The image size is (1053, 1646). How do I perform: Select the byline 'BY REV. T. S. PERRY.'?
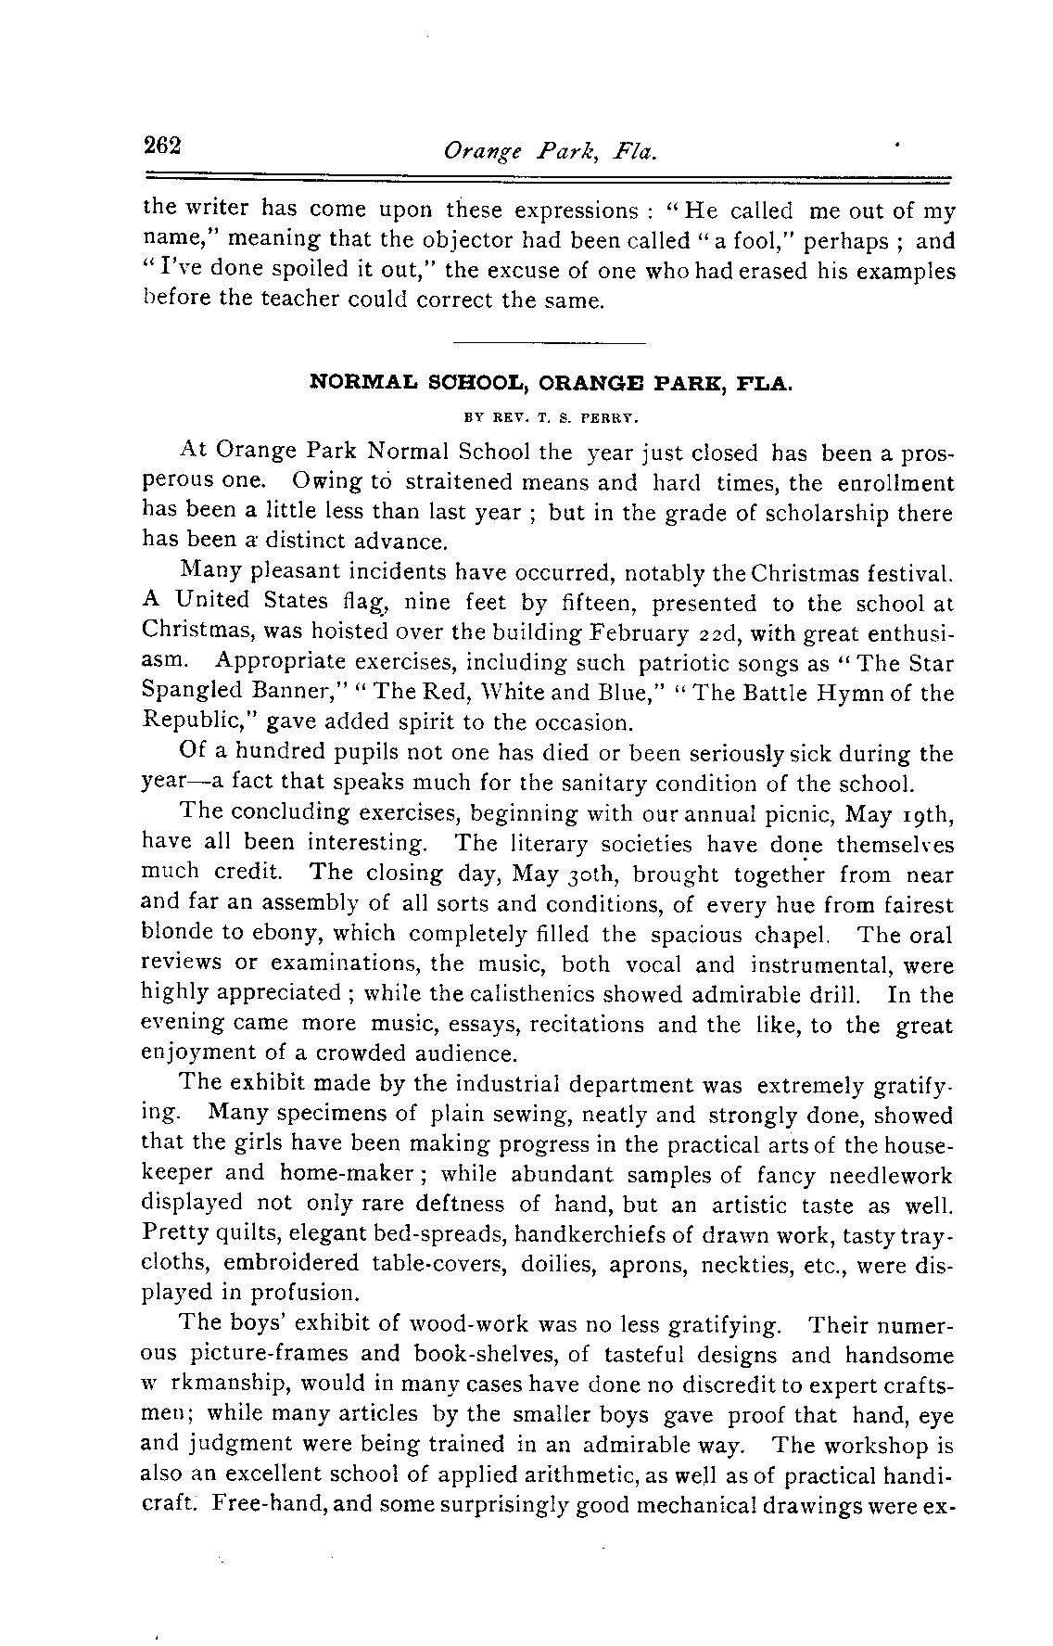[551, 417]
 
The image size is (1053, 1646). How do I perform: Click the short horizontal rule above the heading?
[551, 344]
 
